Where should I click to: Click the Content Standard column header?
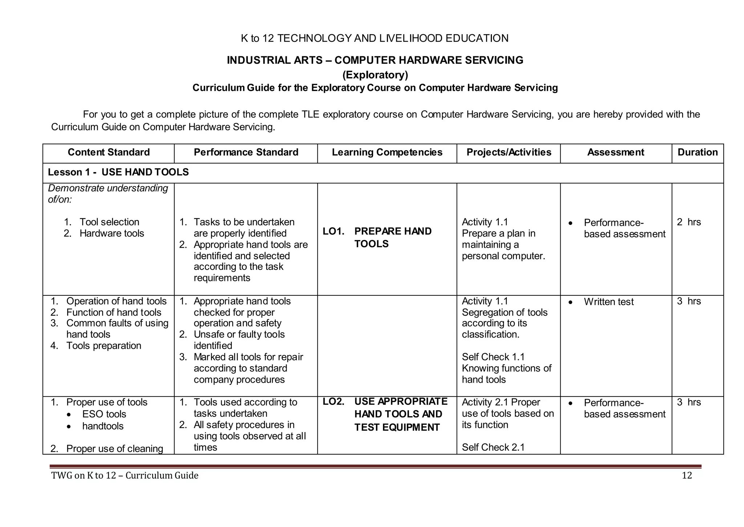pyautogui.click(x=109, y=152)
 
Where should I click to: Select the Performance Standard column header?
pyautogui.click(x=246, y=152)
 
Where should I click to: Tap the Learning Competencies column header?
pyautogui.click(x=387, y=152)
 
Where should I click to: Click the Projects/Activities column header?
pyautogui.click(x=509, y=152)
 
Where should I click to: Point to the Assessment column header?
pyautogui.click(x=616, y=152)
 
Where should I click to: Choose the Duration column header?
pyautogui.click(x=697, y=152)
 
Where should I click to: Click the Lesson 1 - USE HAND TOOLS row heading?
pyautogui.click(x=118, y=172)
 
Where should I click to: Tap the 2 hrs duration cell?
pyautogui.click(x=689, y=222)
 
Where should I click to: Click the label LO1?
pyautogui.click(x=333, y=231)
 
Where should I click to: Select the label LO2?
pyautogui.click(x=333, y=402)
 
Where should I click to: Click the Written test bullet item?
pyautogui.click(x=608, y=302)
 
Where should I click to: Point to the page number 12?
pyautogui.click(x=687, y=476)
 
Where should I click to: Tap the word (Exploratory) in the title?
pyautogui.click(x=375, y=75)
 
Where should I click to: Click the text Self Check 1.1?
pyautogui.click(x=493, y=357)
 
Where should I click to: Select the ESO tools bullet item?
pyautogui.click(x=104, y=414)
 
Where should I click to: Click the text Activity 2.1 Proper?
pyautogui.click(x=501, y=402)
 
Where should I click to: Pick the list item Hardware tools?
pyautogui.click(x=112, y=233)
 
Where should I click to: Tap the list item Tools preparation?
pyautogui.click(x=104, y=346)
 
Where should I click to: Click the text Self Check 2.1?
pyautogui.click(x=493, y=447)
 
